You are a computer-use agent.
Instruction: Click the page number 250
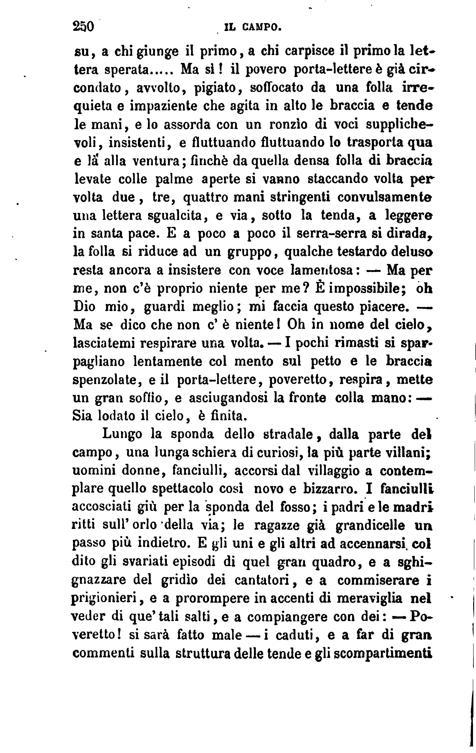pyautogui.click(x=83, y=26)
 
